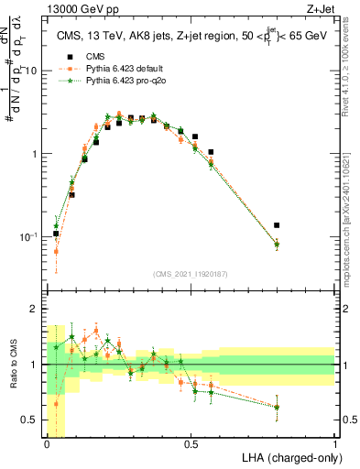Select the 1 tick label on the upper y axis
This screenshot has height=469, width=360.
click(x=37, y=154)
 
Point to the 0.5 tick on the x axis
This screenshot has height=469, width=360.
click(x=191, y=444)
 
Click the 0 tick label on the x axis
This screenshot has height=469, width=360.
click(x=47, y=444)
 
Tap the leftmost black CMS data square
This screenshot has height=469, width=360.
click(x=56, y=234)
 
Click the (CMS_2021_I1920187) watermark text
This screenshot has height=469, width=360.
click(x=191, y=274)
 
